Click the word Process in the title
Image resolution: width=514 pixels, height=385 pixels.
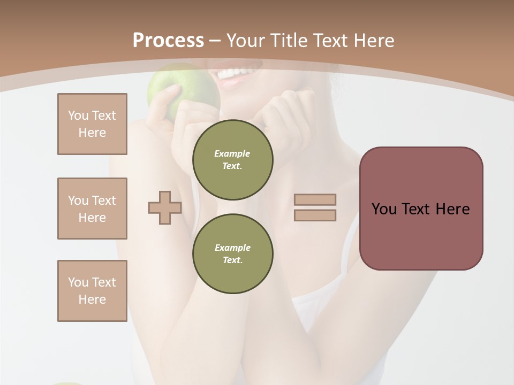(168, 41)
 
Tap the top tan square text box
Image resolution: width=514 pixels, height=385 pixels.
(92, 124)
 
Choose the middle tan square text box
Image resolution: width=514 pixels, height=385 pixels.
(92, 209)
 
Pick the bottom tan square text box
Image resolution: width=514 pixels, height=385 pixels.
(92, 291)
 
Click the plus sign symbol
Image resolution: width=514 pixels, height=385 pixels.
(165, 207)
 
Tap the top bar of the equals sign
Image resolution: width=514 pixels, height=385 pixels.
(315, 199)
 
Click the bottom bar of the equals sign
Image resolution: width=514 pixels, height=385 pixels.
(315, 215)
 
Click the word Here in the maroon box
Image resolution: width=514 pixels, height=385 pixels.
(452, 209)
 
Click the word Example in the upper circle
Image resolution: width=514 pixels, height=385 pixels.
(232, 153)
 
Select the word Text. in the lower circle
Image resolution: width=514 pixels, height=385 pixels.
(232, 260)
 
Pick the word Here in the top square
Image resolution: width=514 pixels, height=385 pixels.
(92, 133)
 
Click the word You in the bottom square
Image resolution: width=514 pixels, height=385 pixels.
(78, 282)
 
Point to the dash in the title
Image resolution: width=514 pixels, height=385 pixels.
(215, 41)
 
